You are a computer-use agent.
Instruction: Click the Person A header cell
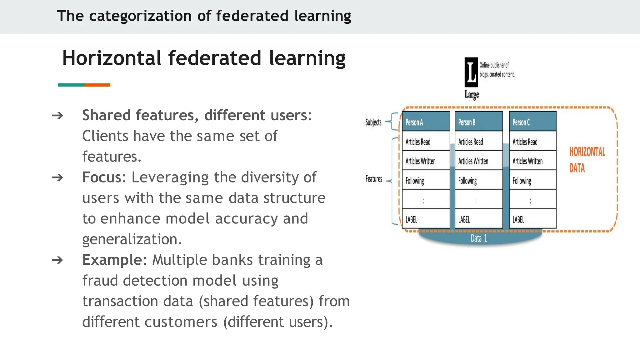(426, 122)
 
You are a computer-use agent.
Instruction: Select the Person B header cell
(478, 122)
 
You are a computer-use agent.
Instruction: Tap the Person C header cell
(532, 122)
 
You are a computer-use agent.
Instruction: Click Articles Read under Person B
(478, 142)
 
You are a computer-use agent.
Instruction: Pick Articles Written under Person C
(532, 161)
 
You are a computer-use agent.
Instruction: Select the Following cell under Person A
(426, 181)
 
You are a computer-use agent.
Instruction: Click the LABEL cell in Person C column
(532, 219)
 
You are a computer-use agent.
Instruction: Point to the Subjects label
(373, 122)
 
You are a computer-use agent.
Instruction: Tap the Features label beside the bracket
(374, 179)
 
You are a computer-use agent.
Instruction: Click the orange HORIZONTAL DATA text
(587, 160)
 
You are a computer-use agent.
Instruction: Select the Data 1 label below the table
(479, 238)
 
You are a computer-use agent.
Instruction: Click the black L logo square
(471, 72)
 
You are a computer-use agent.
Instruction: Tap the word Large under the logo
(471, 94)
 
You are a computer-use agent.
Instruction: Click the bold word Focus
(102, 177)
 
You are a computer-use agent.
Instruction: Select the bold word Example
(112, 260)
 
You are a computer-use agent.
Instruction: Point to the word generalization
(132, 239)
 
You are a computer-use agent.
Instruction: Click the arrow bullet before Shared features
(57, 116)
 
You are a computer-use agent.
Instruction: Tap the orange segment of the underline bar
(97, 85)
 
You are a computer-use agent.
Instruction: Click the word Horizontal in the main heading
(112, 58)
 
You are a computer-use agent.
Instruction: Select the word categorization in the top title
(140, 16)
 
